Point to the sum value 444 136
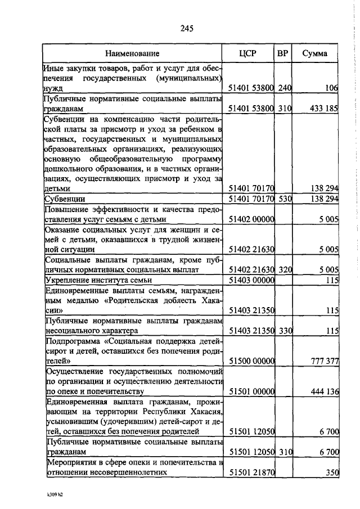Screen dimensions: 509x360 323,391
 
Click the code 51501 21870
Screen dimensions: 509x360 251,473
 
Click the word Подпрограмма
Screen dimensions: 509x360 72,341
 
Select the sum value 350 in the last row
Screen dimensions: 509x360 331,473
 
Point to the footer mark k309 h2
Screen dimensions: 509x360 55,495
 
